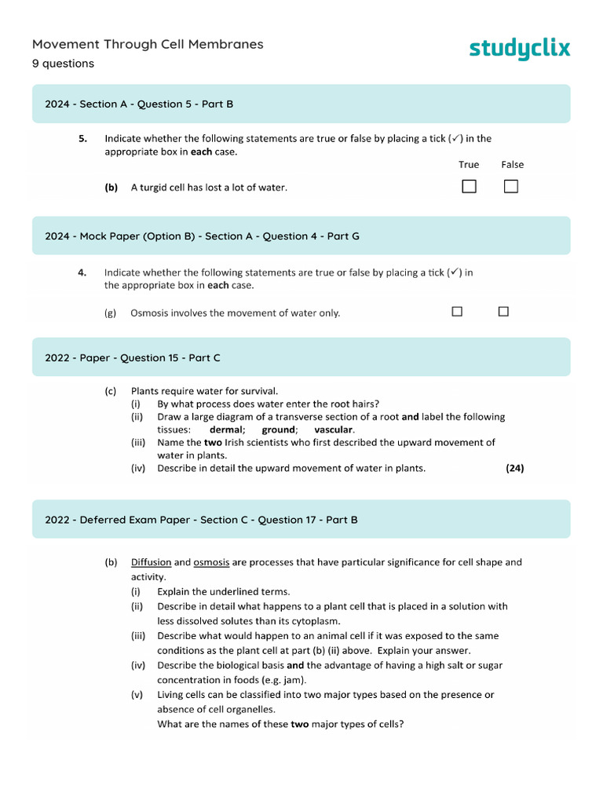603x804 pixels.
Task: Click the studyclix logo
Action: (x=520, y=49)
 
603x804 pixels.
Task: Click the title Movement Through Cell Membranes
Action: (x=148, y=44)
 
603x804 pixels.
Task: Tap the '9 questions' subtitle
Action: (x=63, y=64)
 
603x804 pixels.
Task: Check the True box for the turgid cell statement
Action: (x=469, y=187)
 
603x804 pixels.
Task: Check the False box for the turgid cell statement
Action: (x=511, y=187)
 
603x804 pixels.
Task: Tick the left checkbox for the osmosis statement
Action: (x=457, y=312)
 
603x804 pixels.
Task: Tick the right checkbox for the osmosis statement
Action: (x=503, y=312)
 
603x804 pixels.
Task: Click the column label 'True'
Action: (x=469, y=165)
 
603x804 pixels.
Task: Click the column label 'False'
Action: (x=512, y=165)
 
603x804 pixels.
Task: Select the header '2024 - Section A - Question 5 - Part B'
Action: (x=139, y=104)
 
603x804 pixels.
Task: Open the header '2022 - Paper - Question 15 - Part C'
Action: (x=133, y=357)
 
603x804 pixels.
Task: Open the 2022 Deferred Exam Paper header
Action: (x=201, y=520)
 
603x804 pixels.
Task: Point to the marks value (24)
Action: (x=515, y=469)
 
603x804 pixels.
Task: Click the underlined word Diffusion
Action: (x=151, y=562)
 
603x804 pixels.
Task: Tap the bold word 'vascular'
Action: (x=334, y=430)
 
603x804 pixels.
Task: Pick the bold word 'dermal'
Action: (x=227, y=430)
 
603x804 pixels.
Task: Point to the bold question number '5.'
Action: (x=82, y=139)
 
